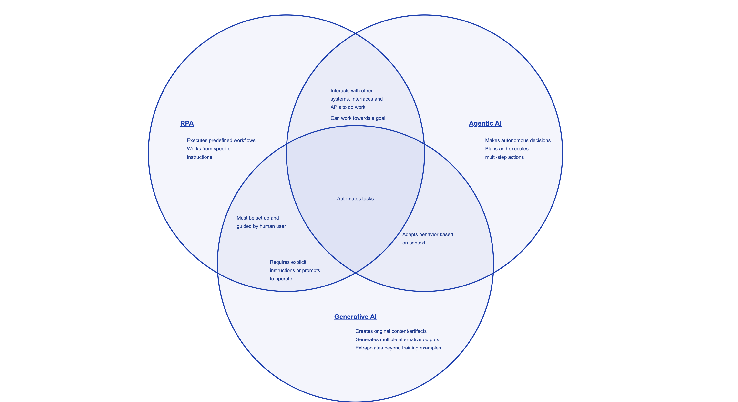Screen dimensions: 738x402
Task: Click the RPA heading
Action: (187, 123)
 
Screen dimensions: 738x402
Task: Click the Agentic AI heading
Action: (485, 123)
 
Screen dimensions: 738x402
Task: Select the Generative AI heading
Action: (355, 317)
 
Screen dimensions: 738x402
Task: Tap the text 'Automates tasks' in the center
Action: (355, 198)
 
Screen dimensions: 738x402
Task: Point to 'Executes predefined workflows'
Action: (221, 140)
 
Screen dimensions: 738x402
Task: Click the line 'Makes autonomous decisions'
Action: (518, 140)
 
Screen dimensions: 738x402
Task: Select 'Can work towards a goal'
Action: (358, 118)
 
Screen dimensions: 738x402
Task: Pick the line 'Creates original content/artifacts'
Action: (391, 331)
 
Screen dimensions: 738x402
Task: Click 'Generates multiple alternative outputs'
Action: (397, 339)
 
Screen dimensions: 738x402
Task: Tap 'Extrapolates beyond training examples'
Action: (398, 348)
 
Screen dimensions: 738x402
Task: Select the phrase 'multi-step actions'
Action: (504, 157)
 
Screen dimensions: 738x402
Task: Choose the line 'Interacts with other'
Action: (351, 91)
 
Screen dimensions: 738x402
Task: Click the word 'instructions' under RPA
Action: (199, 157)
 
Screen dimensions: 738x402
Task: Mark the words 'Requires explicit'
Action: (288, 262)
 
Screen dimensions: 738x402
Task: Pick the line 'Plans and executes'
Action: (507, 149)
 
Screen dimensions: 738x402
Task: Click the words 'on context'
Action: (414, 243)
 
